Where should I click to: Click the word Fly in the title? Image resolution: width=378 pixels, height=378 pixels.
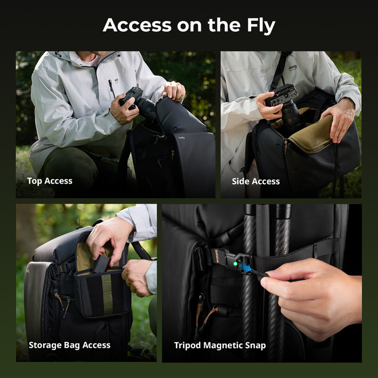[x=261, y=25]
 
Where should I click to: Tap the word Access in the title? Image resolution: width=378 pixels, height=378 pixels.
[x=137, y=25]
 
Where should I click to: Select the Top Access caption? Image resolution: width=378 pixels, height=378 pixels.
[x=50, y=181]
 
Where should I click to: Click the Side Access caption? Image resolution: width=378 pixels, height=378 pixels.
[x=256, y=181]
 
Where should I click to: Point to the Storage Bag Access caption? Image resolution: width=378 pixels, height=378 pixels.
[x=70, y=345]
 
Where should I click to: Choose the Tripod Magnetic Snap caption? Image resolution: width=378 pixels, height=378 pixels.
[x=220, y=346]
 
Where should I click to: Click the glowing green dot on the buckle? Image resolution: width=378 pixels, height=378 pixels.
[x=235, y=264]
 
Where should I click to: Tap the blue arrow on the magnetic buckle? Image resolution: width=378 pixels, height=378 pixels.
[x=245, y=268]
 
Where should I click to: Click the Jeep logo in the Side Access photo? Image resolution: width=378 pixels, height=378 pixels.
[x=293, y=67]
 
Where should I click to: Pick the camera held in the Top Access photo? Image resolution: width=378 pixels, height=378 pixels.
[x=137, y=102]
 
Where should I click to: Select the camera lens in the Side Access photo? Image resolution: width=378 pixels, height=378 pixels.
[x=291, y=116]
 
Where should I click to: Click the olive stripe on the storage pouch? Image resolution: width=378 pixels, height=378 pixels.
[x=107, y=294]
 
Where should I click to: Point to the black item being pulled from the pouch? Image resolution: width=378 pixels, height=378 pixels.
[x=102, y=264]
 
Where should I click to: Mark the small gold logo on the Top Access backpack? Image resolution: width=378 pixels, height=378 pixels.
[x=181, y=138]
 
